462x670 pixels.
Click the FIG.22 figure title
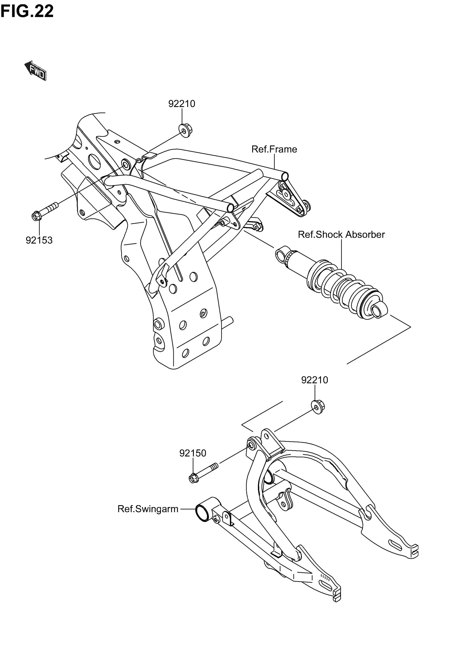[27, 12]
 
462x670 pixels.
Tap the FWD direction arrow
[36, 70]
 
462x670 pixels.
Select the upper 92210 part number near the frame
[182, 104]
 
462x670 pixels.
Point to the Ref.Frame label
[274, 149]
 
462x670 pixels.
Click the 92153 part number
[39, 240]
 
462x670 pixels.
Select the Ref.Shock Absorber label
[341, 234]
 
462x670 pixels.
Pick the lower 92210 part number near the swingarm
[314, 380]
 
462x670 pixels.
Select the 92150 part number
[192, 453]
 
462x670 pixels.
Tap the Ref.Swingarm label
[148, 509]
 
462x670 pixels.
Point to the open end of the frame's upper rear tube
[285, 176]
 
